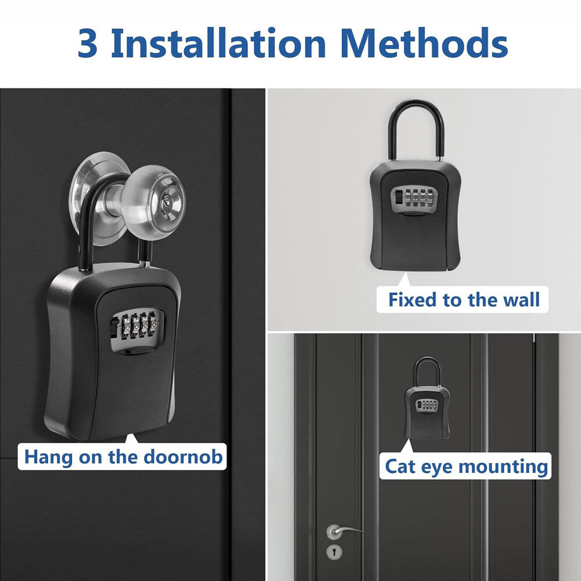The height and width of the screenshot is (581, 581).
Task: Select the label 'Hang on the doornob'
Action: click(123, 457)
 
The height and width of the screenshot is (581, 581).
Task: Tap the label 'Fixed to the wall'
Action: click(464, 300)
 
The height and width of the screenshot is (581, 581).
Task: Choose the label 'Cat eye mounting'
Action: click(467, 466)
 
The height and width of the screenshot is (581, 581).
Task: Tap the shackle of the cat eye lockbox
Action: click(427, 371)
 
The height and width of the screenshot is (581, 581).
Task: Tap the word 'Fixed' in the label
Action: click(412, 300)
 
